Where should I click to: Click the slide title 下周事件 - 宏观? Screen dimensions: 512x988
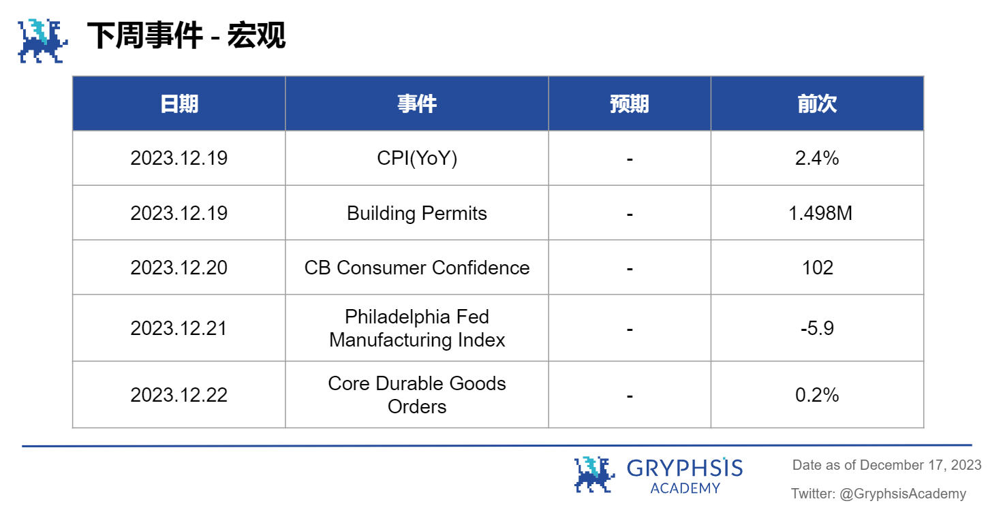pos(185,35)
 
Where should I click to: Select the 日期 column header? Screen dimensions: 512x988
pos(179,104)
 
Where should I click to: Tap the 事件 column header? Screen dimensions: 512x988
pos(417,104)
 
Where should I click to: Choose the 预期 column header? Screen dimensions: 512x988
pos(630,104)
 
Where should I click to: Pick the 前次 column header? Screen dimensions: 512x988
pos(817,104)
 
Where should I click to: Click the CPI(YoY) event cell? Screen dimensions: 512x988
pos(417,159)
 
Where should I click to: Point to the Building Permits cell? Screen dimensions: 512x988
pos(417,213)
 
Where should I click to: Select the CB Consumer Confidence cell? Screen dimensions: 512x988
pos(417,268)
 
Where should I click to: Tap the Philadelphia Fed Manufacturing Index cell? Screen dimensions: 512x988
pos(417,328)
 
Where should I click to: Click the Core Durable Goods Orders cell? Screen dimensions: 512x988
pos(417,395)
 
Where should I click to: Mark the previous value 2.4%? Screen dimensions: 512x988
pos(817,159)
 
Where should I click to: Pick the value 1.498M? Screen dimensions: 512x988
pos(820,213)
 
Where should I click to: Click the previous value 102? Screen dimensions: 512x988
pos(818,268)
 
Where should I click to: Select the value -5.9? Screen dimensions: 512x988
pos(817,328)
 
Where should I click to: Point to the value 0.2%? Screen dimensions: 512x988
pos(817,395)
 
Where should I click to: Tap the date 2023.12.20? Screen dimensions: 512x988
pos(179,268)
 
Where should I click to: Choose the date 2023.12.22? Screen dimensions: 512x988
pos(179,395)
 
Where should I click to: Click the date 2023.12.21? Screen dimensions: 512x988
pos(179,328)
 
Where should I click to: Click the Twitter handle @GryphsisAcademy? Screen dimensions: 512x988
pos(903,494)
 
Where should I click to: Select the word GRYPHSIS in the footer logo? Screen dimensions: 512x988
pos(685,468)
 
